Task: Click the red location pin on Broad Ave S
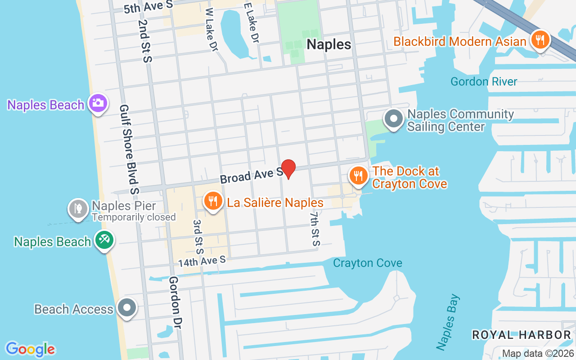click(288, 169)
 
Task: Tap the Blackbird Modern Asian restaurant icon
click(539, 40)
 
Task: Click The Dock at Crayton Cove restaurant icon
click(358, 175)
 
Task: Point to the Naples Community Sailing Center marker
click(394, 119)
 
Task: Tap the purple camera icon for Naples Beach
click(98, 103)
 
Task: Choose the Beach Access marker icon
click(127, 308)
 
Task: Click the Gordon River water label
click(484, 81)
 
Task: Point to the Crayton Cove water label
click(368, 263)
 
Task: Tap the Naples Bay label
click(448, 322)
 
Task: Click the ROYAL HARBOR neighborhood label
click(521, 335)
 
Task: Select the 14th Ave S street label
click(202, 261)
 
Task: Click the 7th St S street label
click(314, 229)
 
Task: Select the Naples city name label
click(328, 44)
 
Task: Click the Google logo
click(30, 349)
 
